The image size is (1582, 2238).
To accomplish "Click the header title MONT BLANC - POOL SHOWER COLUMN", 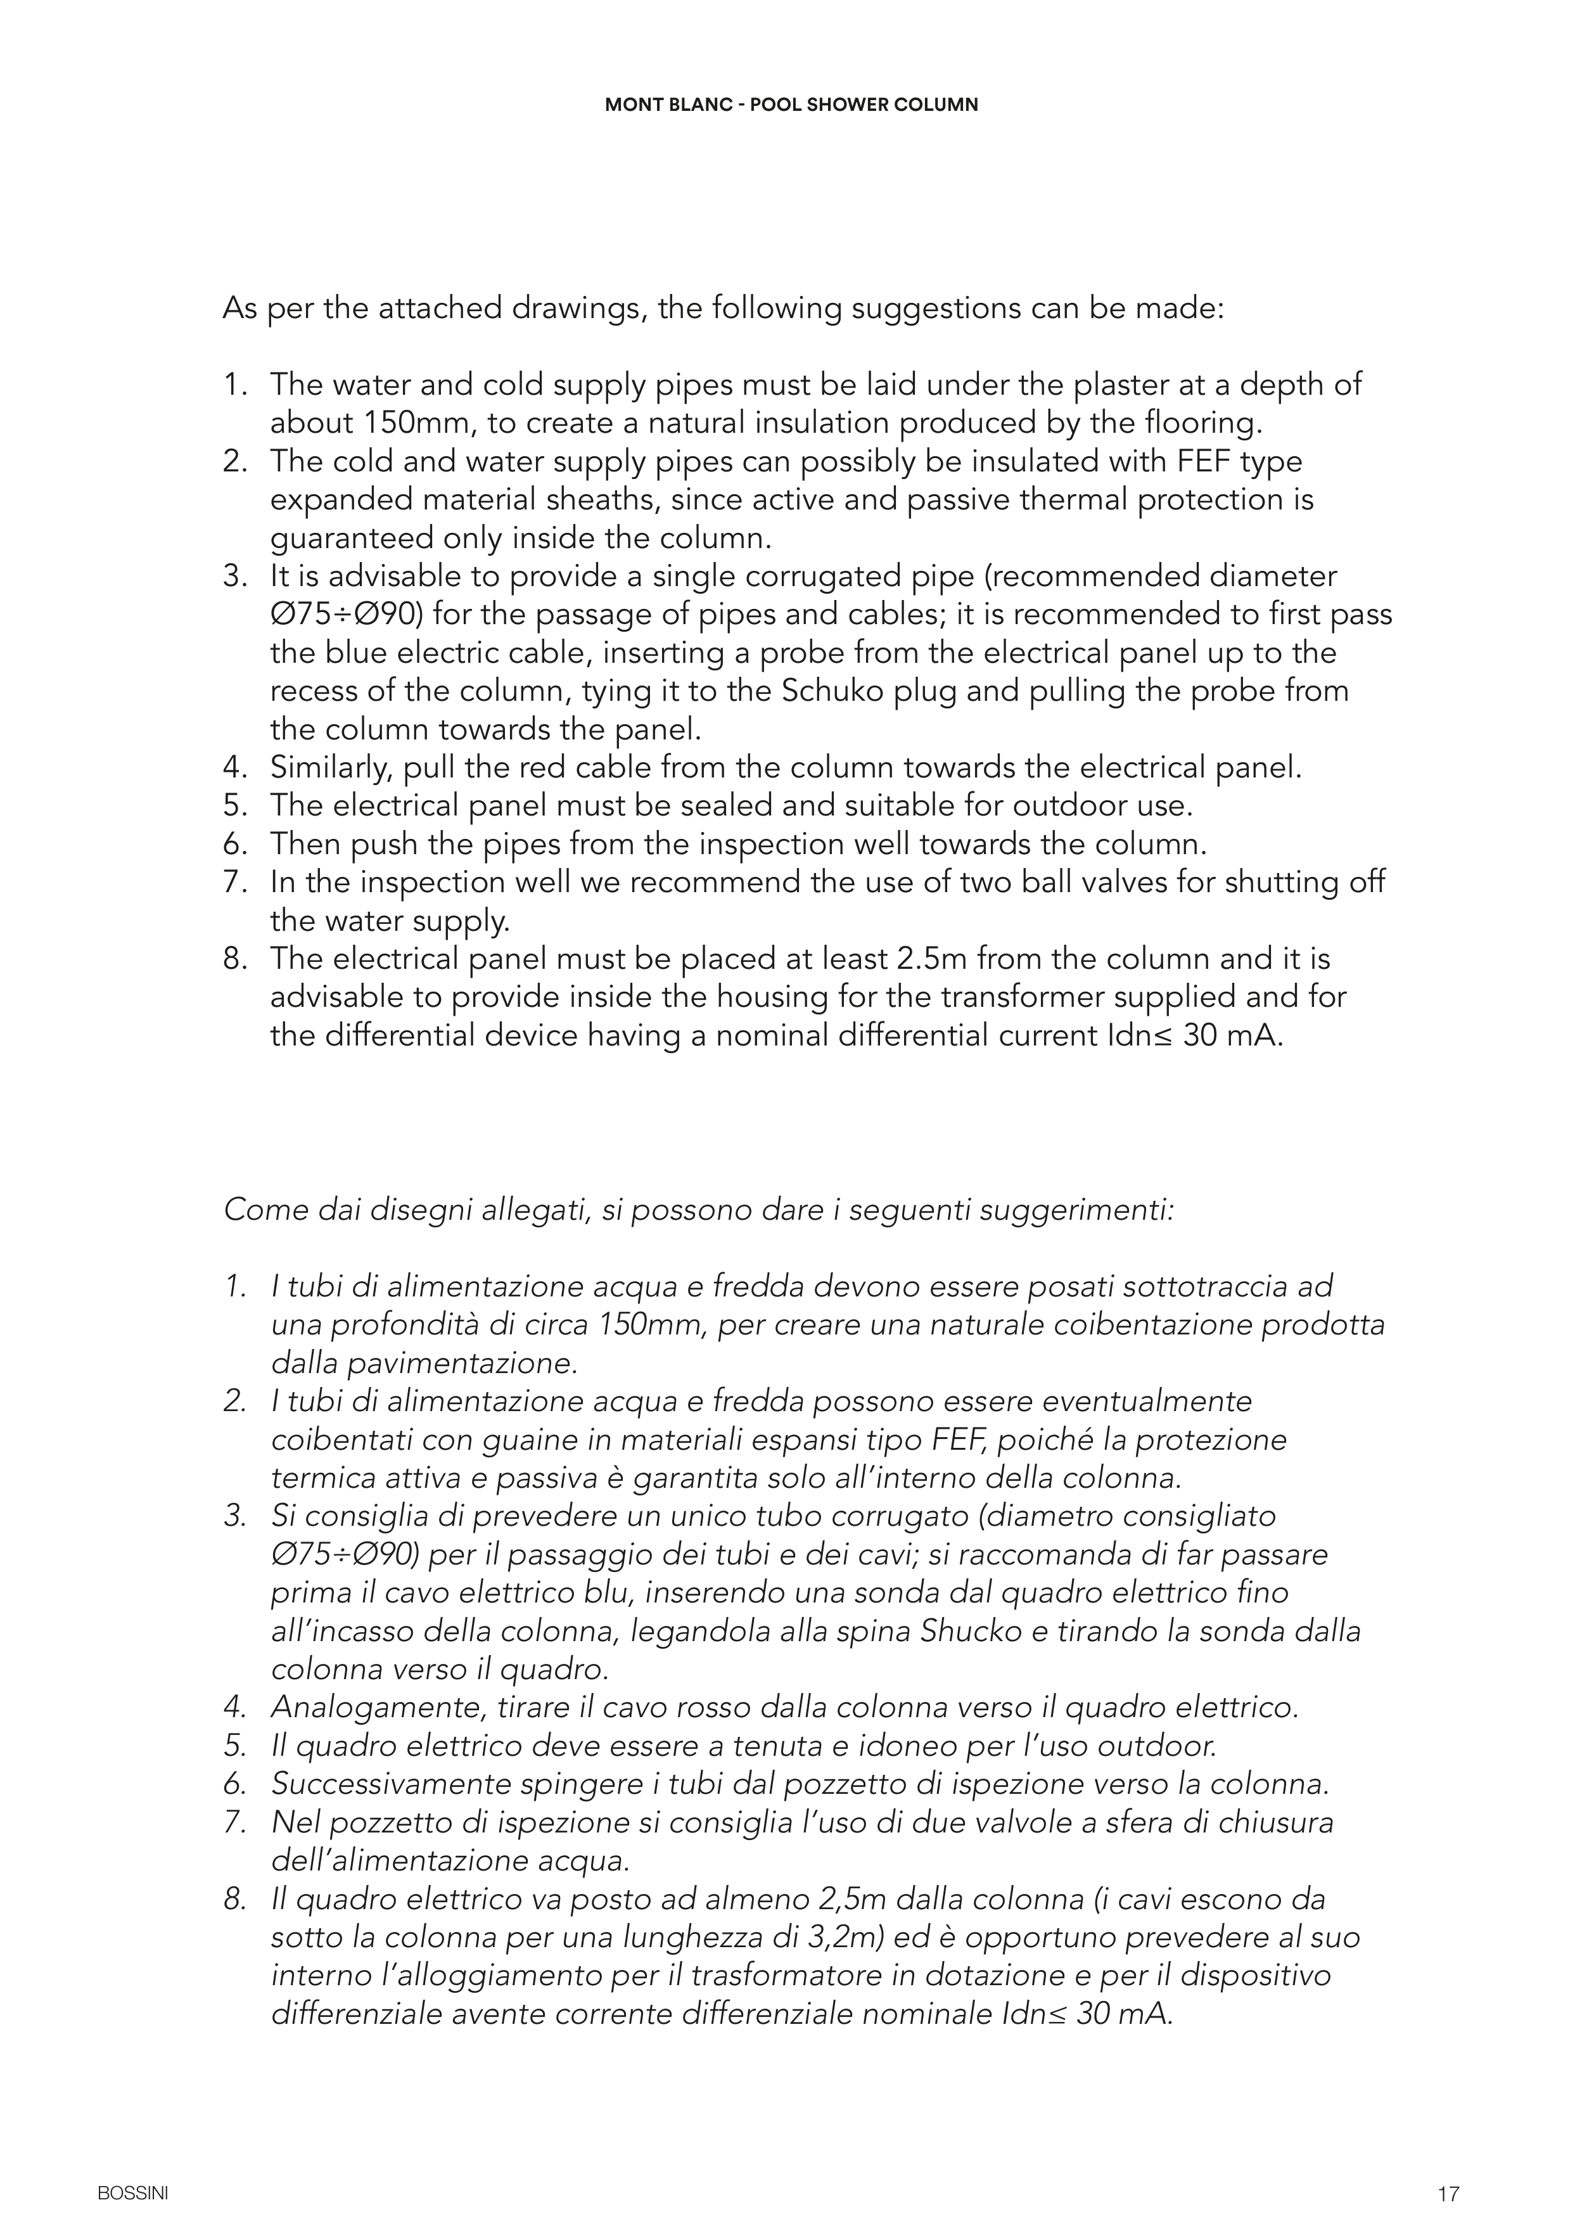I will pos(791,105).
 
